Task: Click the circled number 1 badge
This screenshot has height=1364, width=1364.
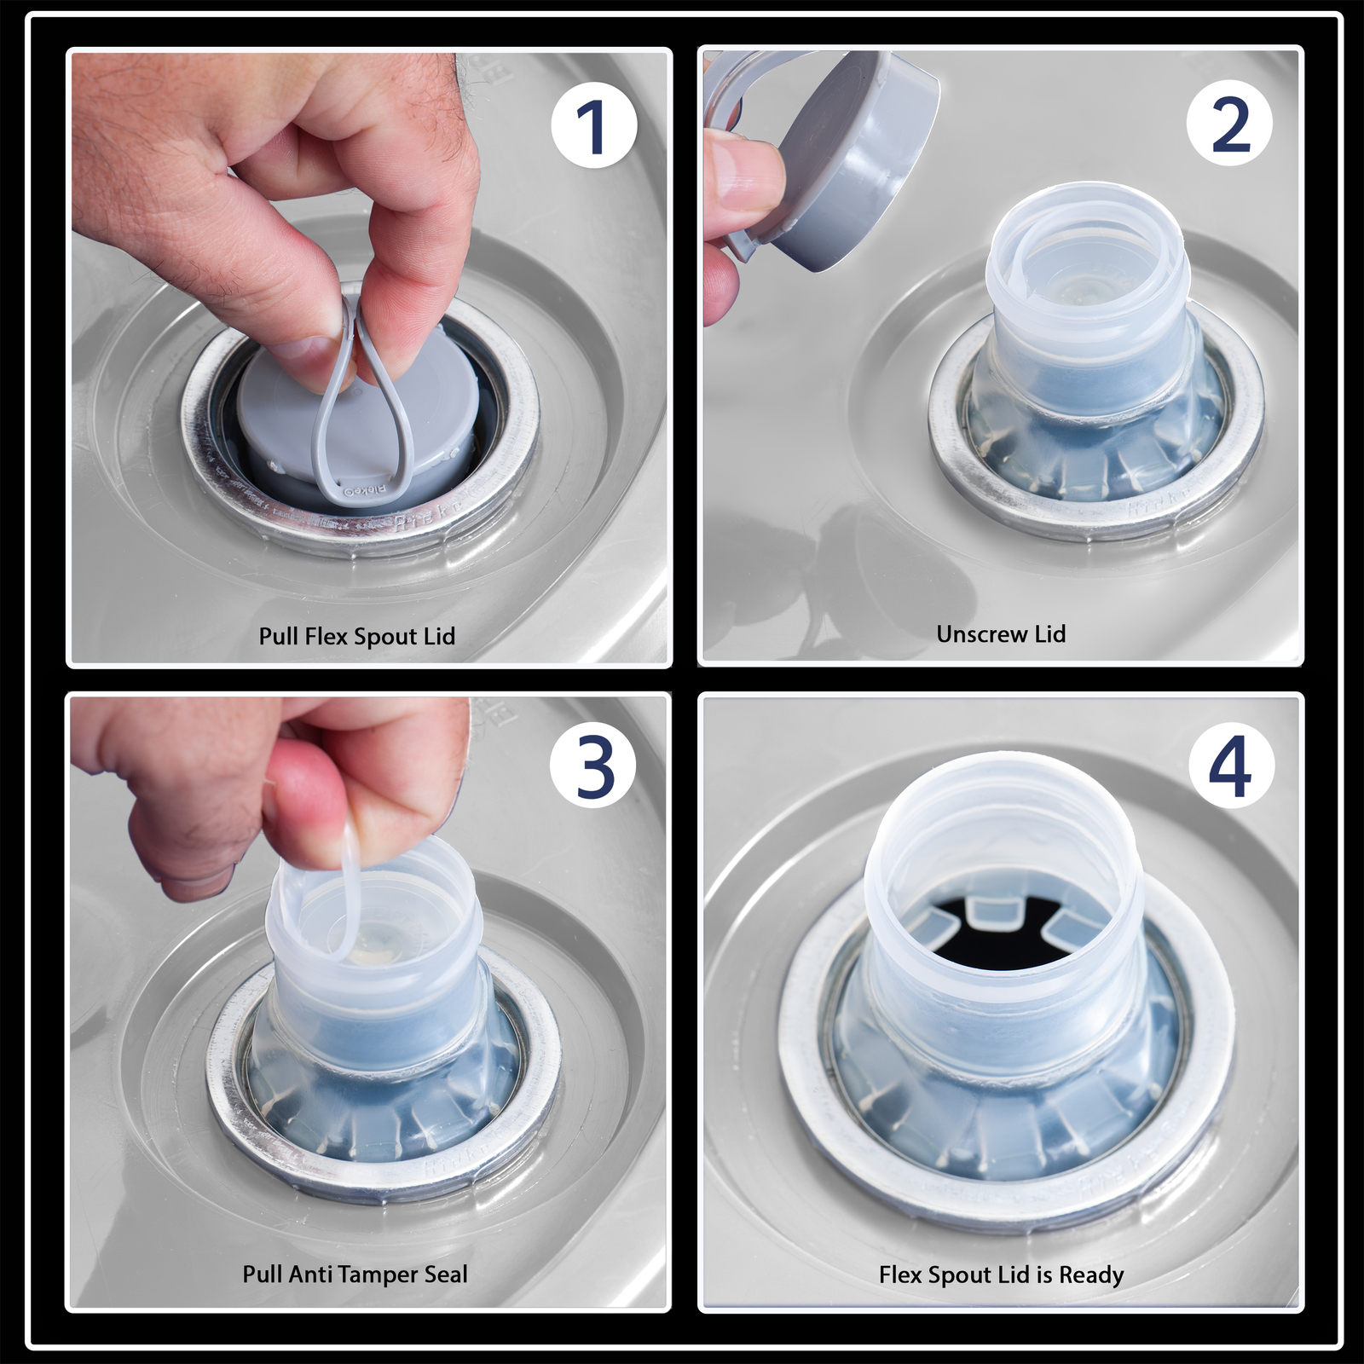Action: [x=594, y=127]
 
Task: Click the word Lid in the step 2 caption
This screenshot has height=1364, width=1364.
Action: [x=1049, y=634]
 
